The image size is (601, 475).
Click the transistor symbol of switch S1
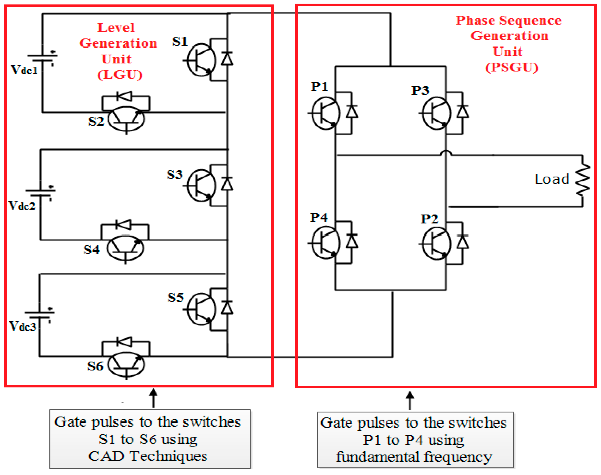(200, 60)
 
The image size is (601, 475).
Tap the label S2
(96, 121)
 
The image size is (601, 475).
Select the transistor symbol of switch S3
(200, 185)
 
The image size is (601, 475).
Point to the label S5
(176, 298)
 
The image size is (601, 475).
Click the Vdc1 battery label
(24, 70)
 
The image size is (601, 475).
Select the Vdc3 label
(22, 326)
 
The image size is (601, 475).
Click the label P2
(429, 219)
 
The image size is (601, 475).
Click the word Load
(552, 179)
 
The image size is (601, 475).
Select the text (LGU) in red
(120, 74)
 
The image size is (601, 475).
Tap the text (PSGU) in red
(512, 67)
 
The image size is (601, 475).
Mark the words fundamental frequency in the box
(414, 457)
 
